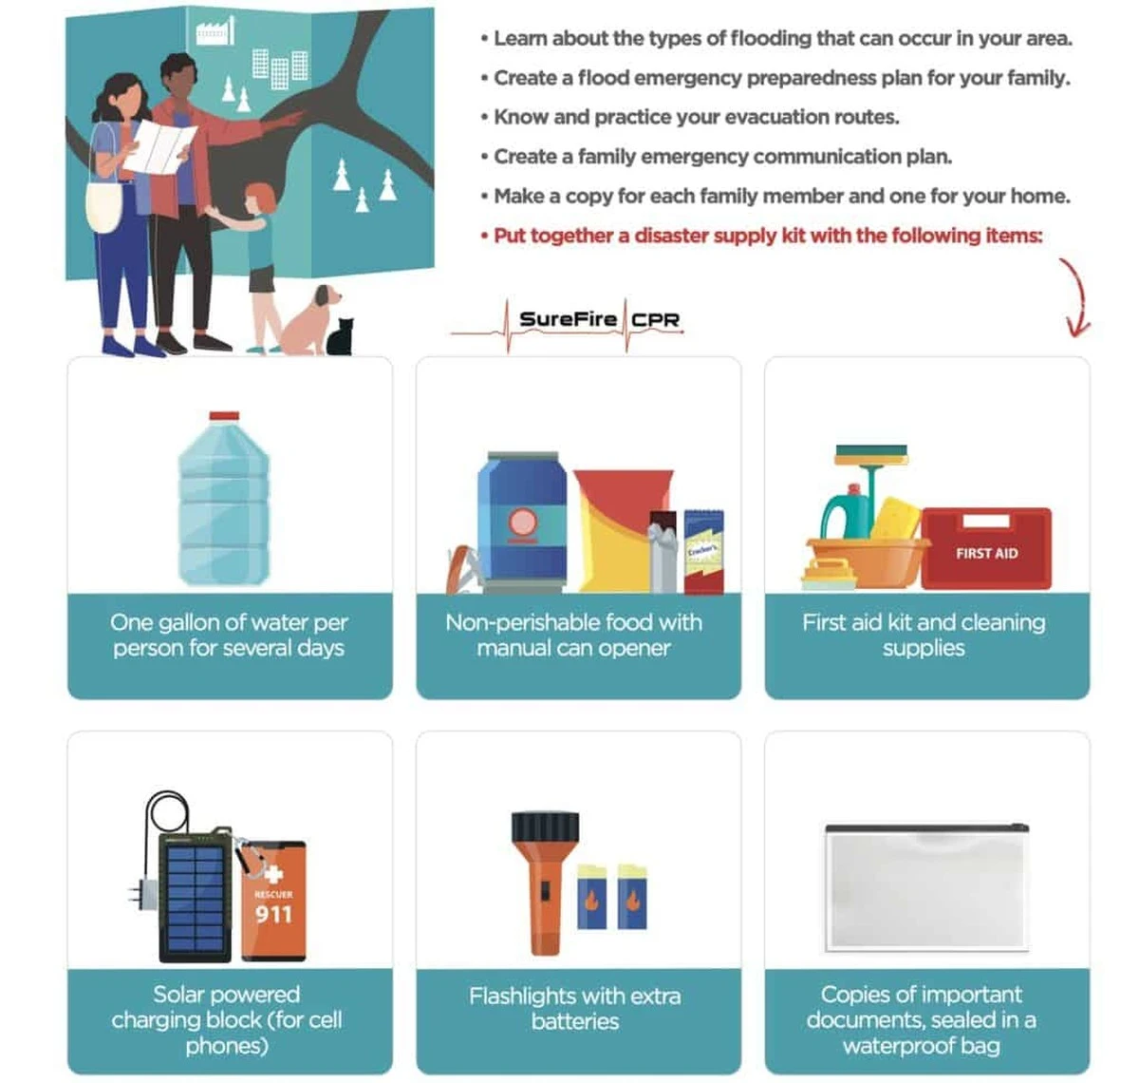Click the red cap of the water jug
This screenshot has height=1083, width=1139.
224,415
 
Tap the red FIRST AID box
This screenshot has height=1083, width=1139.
985,548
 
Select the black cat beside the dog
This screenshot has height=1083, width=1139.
340,337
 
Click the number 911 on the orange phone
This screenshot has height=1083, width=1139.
273,915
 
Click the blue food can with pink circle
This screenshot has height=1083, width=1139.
523,522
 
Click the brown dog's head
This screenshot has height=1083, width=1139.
327,296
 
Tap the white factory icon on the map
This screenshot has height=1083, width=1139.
215,31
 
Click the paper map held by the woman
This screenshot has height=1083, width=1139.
159,145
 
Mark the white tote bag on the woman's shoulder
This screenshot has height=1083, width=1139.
104,203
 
